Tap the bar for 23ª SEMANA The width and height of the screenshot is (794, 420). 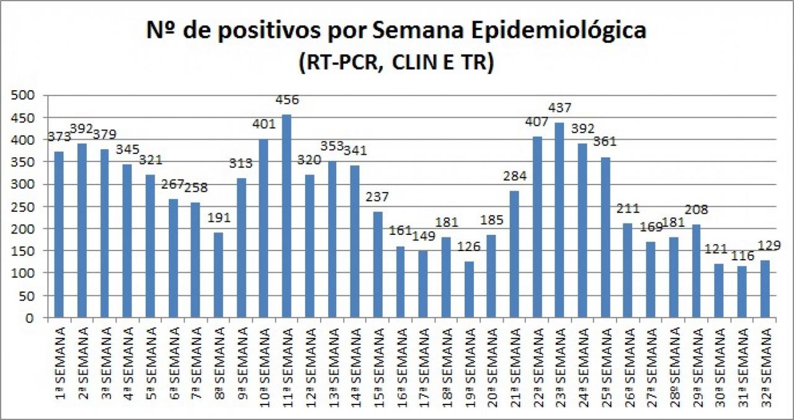(x=560, y=221)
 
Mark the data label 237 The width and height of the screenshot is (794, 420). (x=378, y=198)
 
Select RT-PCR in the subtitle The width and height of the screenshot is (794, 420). (x=336, y=63)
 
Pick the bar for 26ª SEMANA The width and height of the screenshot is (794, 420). (x=628, y=271)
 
